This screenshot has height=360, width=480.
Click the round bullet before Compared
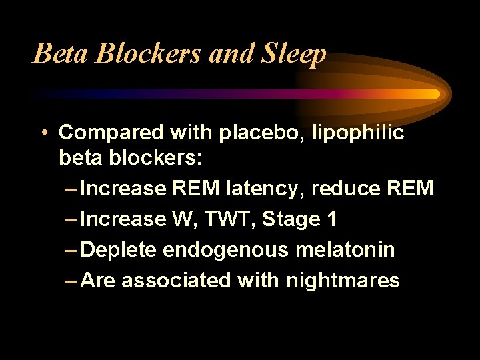(42, 133)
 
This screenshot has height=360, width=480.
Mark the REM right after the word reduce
(408, 189)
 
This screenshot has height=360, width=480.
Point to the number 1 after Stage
(332, 219)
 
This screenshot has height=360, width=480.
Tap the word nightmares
(343, 281)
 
